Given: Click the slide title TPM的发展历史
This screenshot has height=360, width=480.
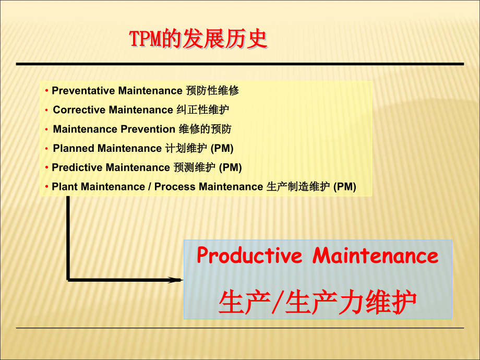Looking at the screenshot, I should point(198,39).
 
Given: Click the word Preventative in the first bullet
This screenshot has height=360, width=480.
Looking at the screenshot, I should point(83,91).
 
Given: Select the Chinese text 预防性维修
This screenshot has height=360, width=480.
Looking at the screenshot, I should point(212,91).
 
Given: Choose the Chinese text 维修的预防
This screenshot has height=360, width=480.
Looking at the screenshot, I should point(205,129).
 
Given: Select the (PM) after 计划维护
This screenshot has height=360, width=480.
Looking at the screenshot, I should point(222,148).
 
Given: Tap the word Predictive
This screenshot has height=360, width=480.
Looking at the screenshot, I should point(77,167).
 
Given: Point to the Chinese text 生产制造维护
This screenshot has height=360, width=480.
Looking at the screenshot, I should point(298,187).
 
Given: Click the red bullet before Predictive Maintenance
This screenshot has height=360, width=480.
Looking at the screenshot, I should point(47,167).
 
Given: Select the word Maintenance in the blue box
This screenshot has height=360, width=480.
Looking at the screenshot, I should point(376,256).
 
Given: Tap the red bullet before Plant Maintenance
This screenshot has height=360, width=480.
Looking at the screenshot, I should point(47,187).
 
